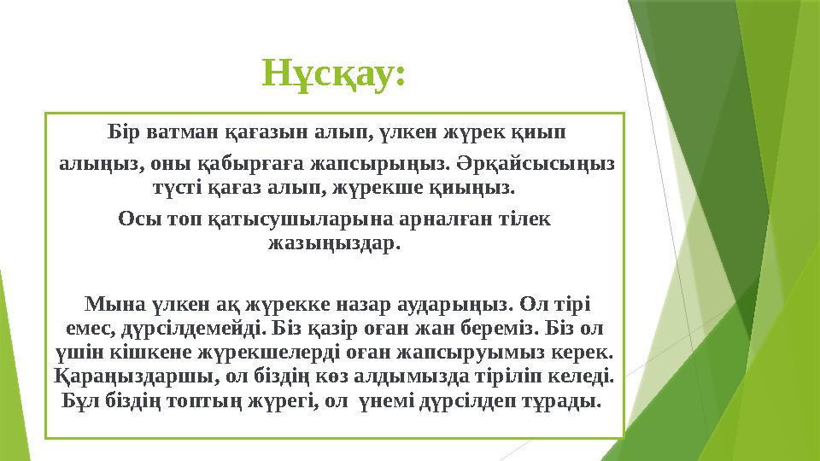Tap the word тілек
[530, 219]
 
